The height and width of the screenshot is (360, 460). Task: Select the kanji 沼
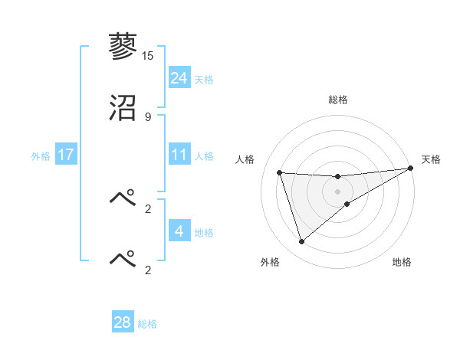(x=123, y=109)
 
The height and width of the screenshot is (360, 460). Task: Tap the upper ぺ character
(x=123, y=197)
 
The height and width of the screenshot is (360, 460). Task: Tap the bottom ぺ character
(x=123, y=258)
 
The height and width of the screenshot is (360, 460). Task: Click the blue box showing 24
(x=179, y=78)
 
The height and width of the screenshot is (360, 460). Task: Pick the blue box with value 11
(x=179, y=155)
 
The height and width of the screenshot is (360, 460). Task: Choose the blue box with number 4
(x=179, y=231)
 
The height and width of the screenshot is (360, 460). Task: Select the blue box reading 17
(x=66, y=155)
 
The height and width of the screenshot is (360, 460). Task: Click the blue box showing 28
(x=123, y=322)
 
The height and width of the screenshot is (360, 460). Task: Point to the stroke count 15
(x=147, y=55)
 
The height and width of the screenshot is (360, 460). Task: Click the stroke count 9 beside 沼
(x=147, y=117)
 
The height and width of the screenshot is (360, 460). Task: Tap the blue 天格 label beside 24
(x=204, y=80)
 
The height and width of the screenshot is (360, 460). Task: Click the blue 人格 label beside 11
(x=204, y=156)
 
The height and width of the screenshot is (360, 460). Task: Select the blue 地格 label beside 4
(x=204, y=233)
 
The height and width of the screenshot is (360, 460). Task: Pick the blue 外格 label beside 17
(x=41, y=156)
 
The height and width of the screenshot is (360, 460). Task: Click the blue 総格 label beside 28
(x=147, y=324)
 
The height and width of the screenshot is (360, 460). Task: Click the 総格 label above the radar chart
(x=337, y=100)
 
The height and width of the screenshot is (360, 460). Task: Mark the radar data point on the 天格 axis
(x=410, y=169)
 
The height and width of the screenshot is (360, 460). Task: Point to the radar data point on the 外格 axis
(x=301, y=242)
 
